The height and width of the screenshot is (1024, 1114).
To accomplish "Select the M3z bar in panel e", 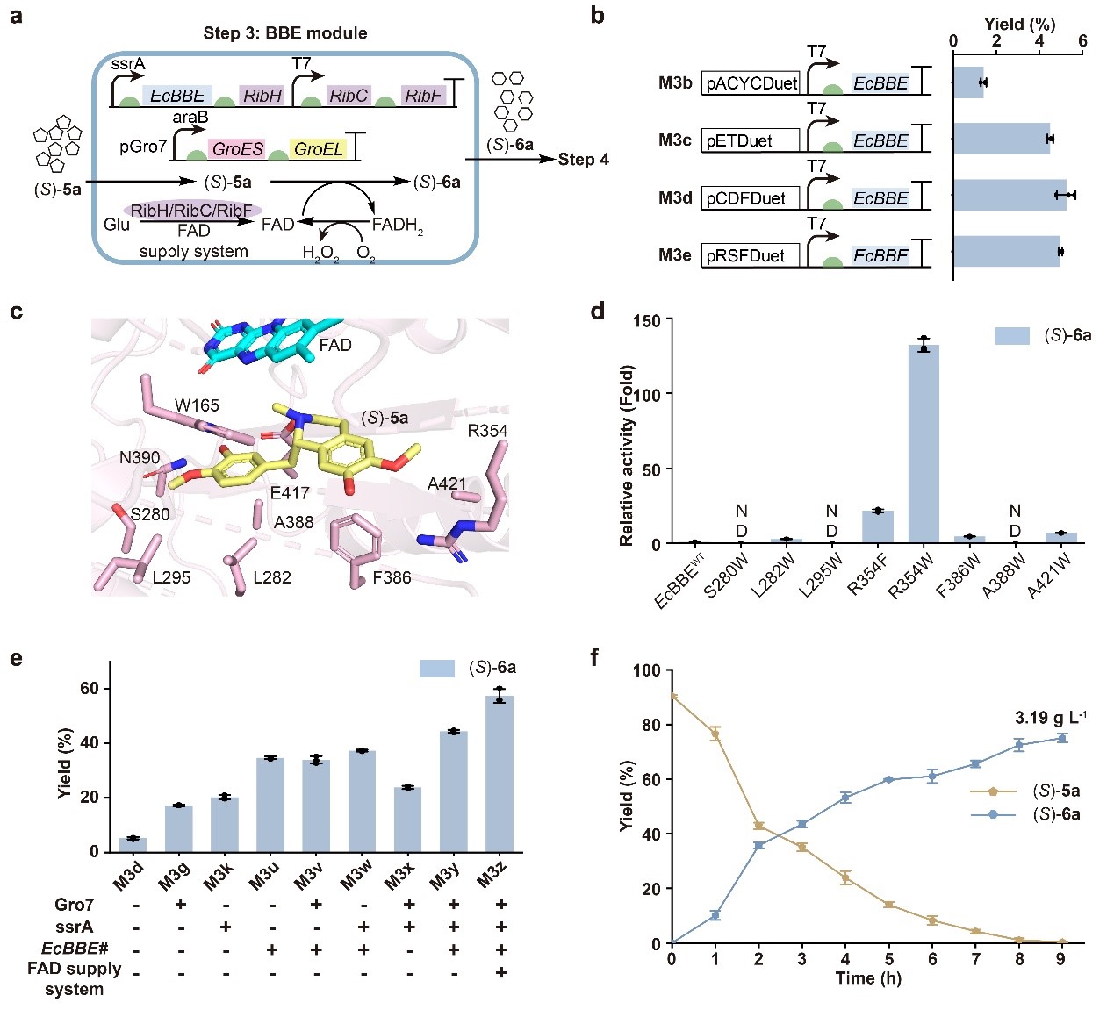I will coord(500,773).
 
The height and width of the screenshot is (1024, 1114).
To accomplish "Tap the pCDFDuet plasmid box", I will coord(750,198).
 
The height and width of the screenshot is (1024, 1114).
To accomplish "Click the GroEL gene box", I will coord(318,149).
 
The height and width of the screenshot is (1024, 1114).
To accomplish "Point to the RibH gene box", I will coord(262,96).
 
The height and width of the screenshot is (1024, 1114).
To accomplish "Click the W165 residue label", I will coord(197,405).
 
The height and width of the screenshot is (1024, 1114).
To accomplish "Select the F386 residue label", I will coord(392,577).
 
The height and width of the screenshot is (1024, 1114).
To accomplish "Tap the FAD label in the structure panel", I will coord(335,345).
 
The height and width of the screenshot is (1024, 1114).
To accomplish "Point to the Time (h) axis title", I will coord(867,978).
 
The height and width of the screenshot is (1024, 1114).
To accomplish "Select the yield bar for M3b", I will coord(968,82).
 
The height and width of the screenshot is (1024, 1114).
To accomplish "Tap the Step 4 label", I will coord(584,159).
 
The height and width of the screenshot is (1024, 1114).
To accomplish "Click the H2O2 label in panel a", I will coord(321,254).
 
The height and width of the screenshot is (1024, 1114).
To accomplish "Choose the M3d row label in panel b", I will coord(675,198).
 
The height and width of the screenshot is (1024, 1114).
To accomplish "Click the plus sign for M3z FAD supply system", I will coord(500,971).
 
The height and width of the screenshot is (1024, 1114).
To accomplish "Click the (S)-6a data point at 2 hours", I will coord(758,846).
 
